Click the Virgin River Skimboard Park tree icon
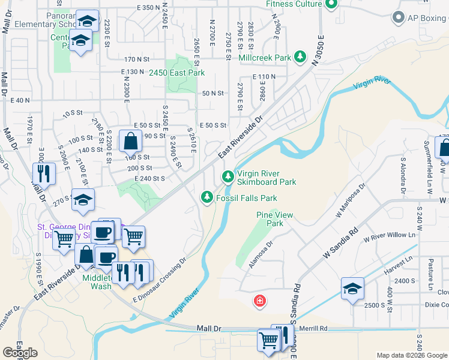click(x=228, y=176)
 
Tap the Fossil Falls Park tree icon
click(x=207, y=197)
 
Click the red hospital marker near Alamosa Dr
click(x=260, y=300)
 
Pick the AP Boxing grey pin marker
click(x=398, y=18)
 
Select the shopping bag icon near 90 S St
click(x=130, y=142)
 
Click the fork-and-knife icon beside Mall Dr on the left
click(x=44, y=173)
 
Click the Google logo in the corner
click(x=20, y=352)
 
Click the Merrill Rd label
click(x=315, y=329)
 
